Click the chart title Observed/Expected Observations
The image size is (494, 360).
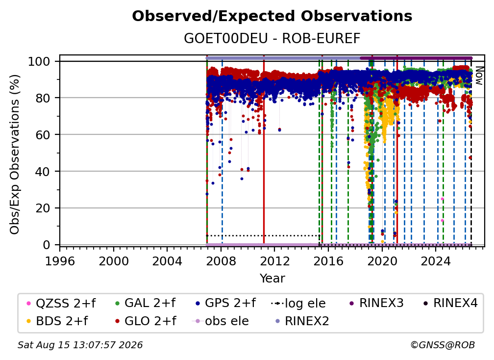(272, 16)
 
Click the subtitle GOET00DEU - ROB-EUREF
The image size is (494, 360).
(272, 38)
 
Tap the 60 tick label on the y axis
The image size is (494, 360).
(43, 135)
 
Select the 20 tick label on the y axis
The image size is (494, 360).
(43, 208)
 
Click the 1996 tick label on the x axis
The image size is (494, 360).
(60, 261)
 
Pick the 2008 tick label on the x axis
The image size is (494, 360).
(221, 261)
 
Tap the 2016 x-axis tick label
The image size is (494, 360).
(328, 261)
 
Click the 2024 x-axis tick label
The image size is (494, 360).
(436, 261)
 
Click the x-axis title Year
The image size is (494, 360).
(272, 279)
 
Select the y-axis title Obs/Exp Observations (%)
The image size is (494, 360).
(15, 154)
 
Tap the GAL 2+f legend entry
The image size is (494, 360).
(146, 303)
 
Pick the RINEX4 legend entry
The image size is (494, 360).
(450, 303)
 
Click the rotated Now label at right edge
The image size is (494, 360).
(479, 76)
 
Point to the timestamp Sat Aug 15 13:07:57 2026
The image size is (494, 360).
(80, 345)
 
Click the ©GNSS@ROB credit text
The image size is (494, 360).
(443, 345)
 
